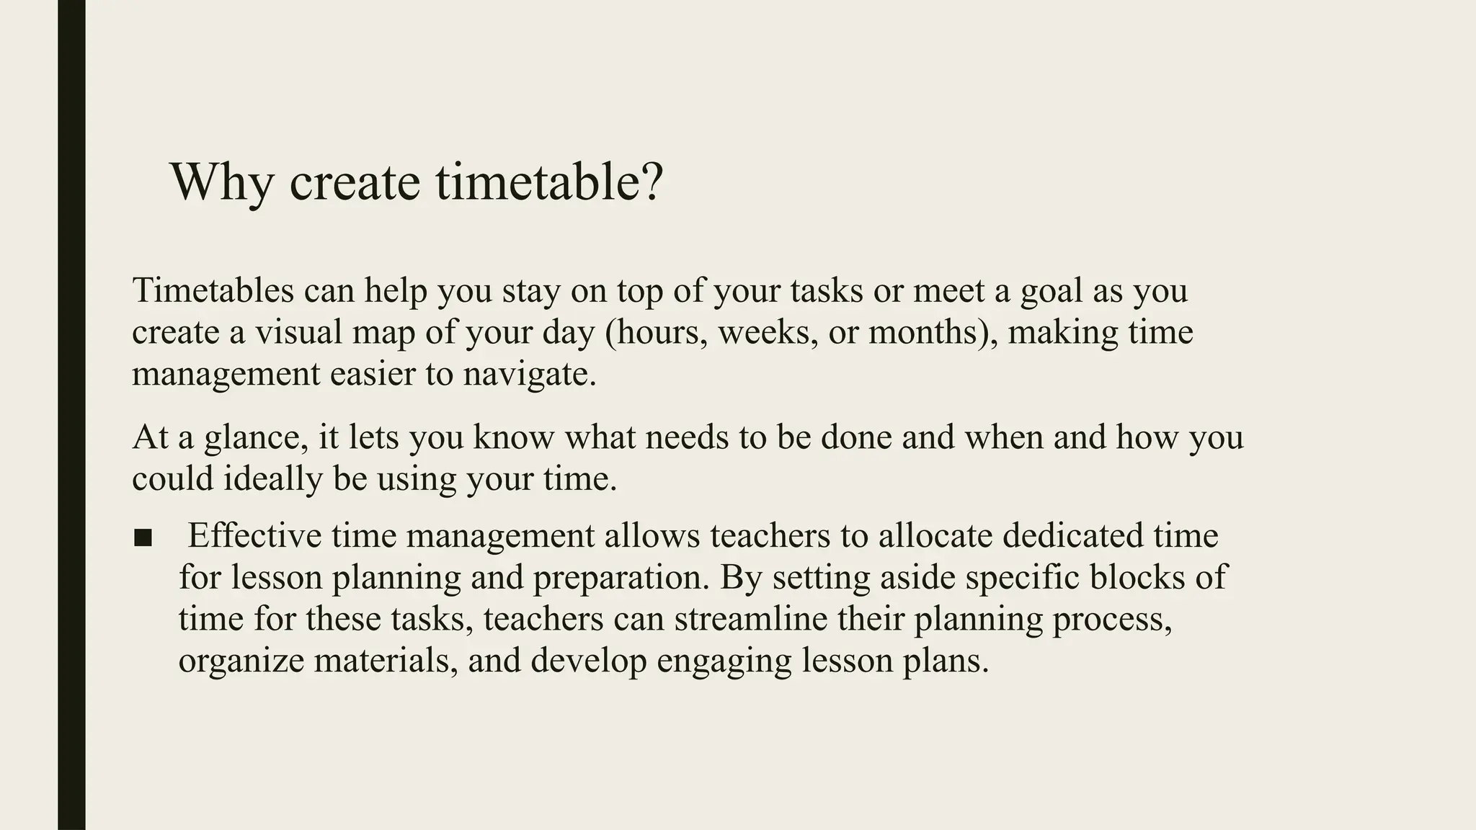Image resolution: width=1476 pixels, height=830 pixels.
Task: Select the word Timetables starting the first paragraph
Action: tap(213, 290)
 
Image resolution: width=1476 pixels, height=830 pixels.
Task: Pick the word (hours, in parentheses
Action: tap(657, 333)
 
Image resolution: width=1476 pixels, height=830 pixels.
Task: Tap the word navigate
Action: tap(530, 375)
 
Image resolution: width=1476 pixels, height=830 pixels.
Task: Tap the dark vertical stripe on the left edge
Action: tap(71, 415)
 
